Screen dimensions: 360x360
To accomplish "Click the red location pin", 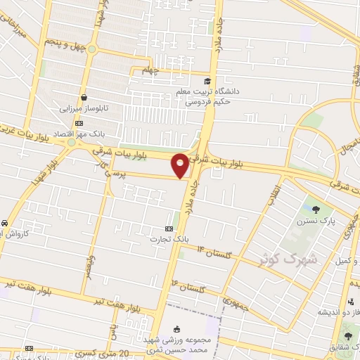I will (x=181, y=164).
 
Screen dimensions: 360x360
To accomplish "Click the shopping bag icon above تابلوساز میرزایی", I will (x=84, y=98).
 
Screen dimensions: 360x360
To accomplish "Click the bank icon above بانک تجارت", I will (x=168, y=229).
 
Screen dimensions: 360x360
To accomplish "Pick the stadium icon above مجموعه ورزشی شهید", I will (x=176, y=328).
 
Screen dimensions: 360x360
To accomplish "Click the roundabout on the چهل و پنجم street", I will (x=90, y=49).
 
